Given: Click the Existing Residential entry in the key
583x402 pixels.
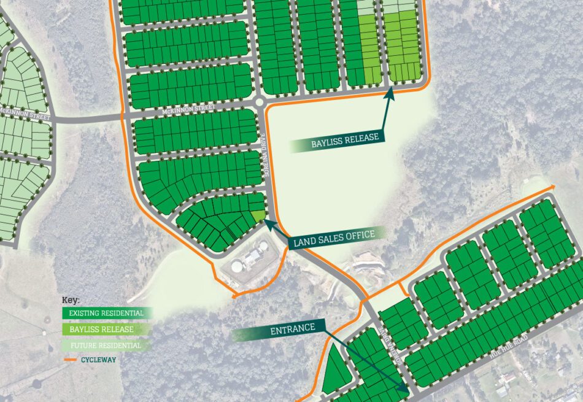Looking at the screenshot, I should [106, 313].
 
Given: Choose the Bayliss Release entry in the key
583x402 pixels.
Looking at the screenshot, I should [101, 330].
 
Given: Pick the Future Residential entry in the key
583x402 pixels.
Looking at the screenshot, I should [105, 346].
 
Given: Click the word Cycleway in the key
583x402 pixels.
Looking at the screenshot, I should [98, 360].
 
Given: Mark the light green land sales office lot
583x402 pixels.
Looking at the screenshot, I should [258, 216].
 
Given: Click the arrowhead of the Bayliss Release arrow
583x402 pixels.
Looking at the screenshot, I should [390, 92].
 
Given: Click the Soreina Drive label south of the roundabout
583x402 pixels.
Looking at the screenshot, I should [269, 166].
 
